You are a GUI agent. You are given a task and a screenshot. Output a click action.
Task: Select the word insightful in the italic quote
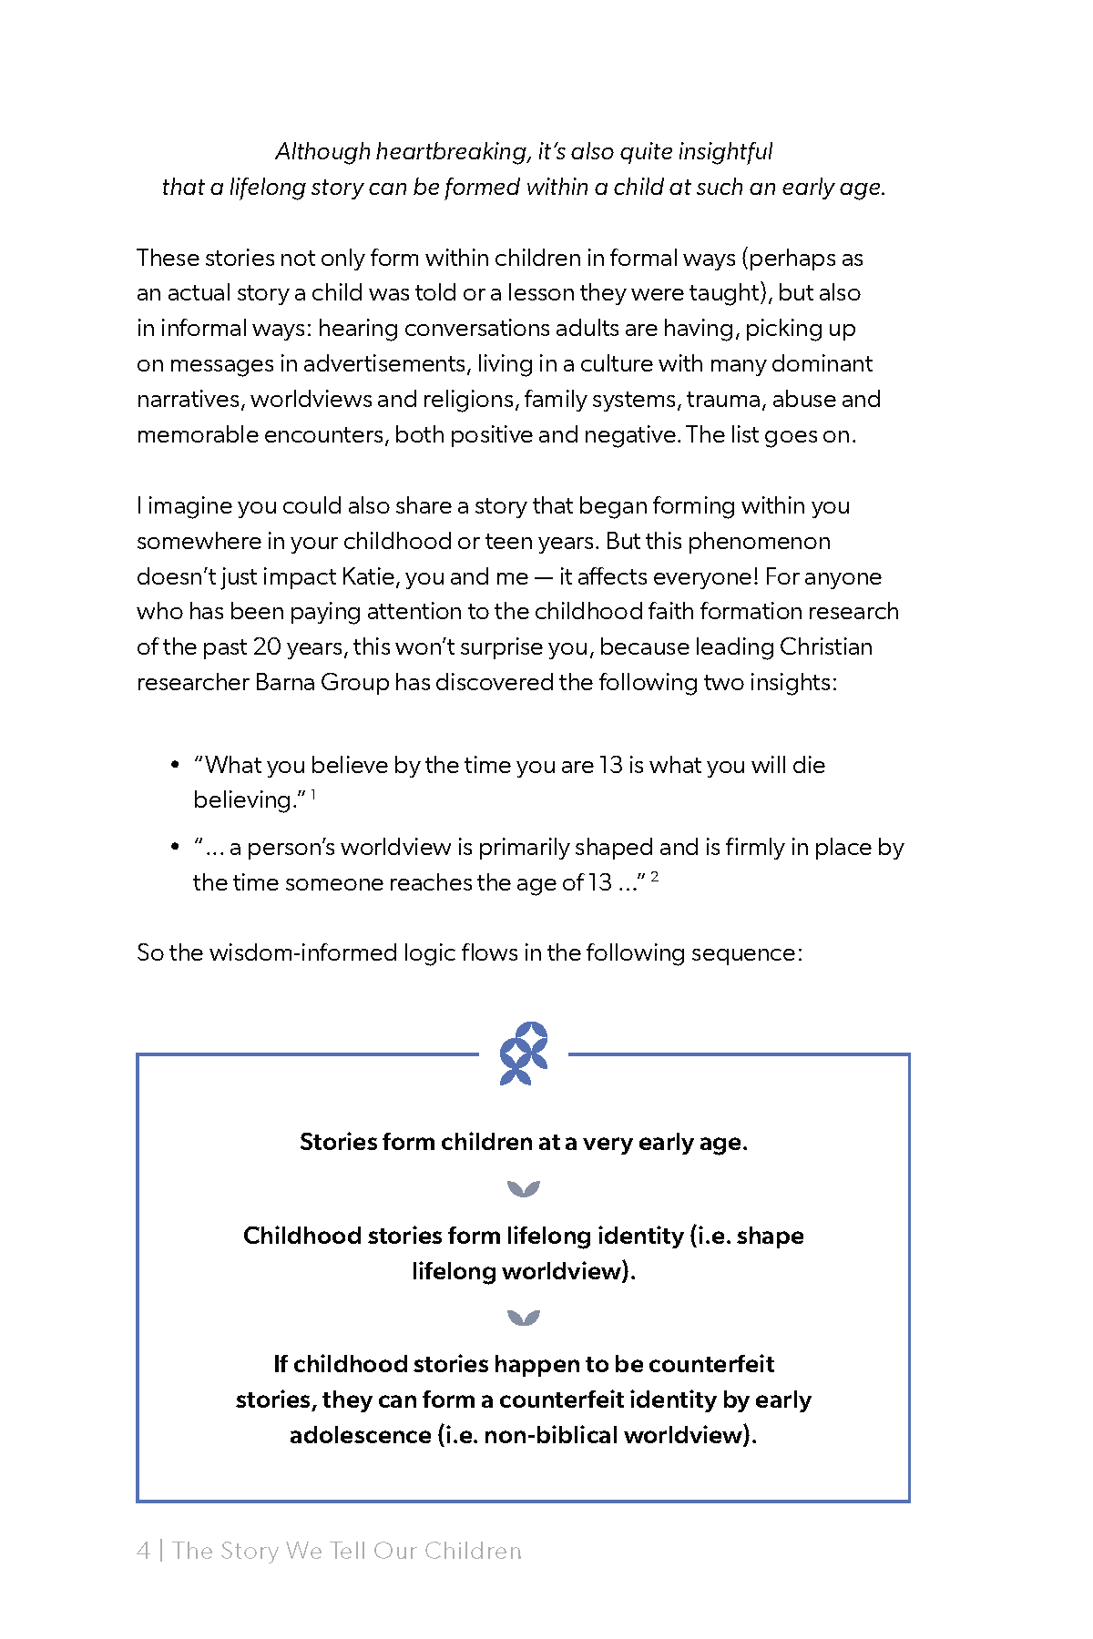(724, 151)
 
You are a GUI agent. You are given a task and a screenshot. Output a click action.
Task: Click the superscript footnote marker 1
(313, 795)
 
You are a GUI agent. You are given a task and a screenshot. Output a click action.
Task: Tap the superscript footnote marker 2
(654, 877)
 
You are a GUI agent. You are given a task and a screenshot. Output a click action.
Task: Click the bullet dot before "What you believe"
(175, 766)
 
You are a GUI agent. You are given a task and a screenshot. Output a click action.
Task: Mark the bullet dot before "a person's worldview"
(175, 848)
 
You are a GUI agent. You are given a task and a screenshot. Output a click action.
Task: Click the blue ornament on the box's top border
(524, 1054)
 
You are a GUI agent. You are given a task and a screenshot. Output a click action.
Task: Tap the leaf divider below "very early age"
(524, 1189)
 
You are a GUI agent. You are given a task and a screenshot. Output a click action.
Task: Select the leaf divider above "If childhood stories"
(524, 1318)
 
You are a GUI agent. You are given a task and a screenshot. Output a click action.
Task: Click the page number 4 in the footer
(143, 1551)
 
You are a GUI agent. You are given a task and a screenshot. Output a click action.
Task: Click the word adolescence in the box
(360, 1436)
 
